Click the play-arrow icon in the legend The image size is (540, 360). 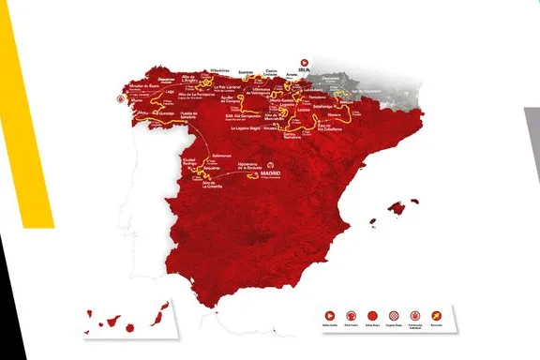[x=329, y=314]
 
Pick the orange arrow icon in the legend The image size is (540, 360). [x=435, y=314]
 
